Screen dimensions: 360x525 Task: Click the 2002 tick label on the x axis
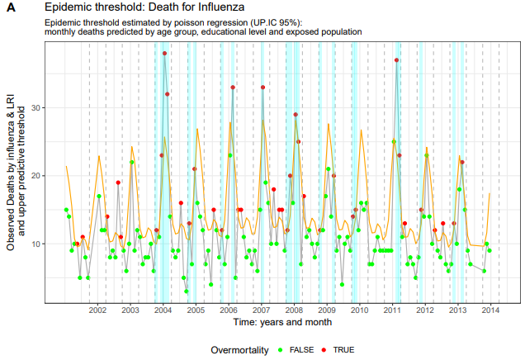97,310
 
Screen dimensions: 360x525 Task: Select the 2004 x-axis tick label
163,310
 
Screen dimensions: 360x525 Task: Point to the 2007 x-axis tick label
261,310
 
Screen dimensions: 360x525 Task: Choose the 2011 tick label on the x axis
392,310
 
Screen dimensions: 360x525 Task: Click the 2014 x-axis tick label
490,310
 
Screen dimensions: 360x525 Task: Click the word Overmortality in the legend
239,350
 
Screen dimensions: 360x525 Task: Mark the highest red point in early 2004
164,54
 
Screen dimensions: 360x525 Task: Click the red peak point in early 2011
397,60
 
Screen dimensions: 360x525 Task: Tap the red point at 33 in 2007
262,88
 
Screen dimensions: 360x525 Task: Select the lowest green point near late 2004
187,291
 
